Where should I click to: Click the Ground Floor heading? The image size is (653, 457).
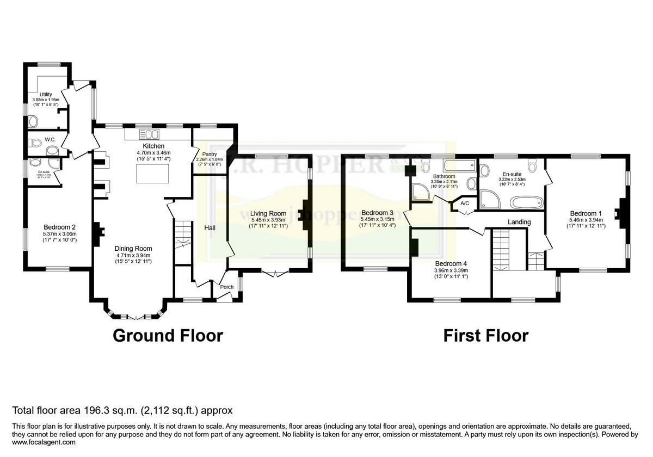tap(168, 336)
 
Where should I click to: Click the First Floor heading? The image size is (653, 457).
tap(485, 336)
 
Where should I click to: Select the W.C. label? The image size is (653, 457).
tap(51, 140)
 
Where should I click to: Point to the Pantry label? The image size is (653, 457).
tap(210, 154)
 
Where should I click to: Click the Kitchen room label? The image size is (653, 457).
tap(153, 146)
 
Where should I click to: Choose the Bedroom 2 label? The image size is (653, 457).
tap(59, 227)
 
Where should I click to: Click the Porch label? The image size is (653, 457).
tap(226, 287)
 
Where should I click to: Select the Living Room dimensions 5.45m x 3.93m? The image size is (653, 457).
tap(268, 219)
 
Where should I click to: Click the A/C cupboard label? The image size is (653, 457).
tap(465, 203)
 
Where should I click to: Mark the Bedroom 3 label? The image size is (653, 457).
tap(377, 212)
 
